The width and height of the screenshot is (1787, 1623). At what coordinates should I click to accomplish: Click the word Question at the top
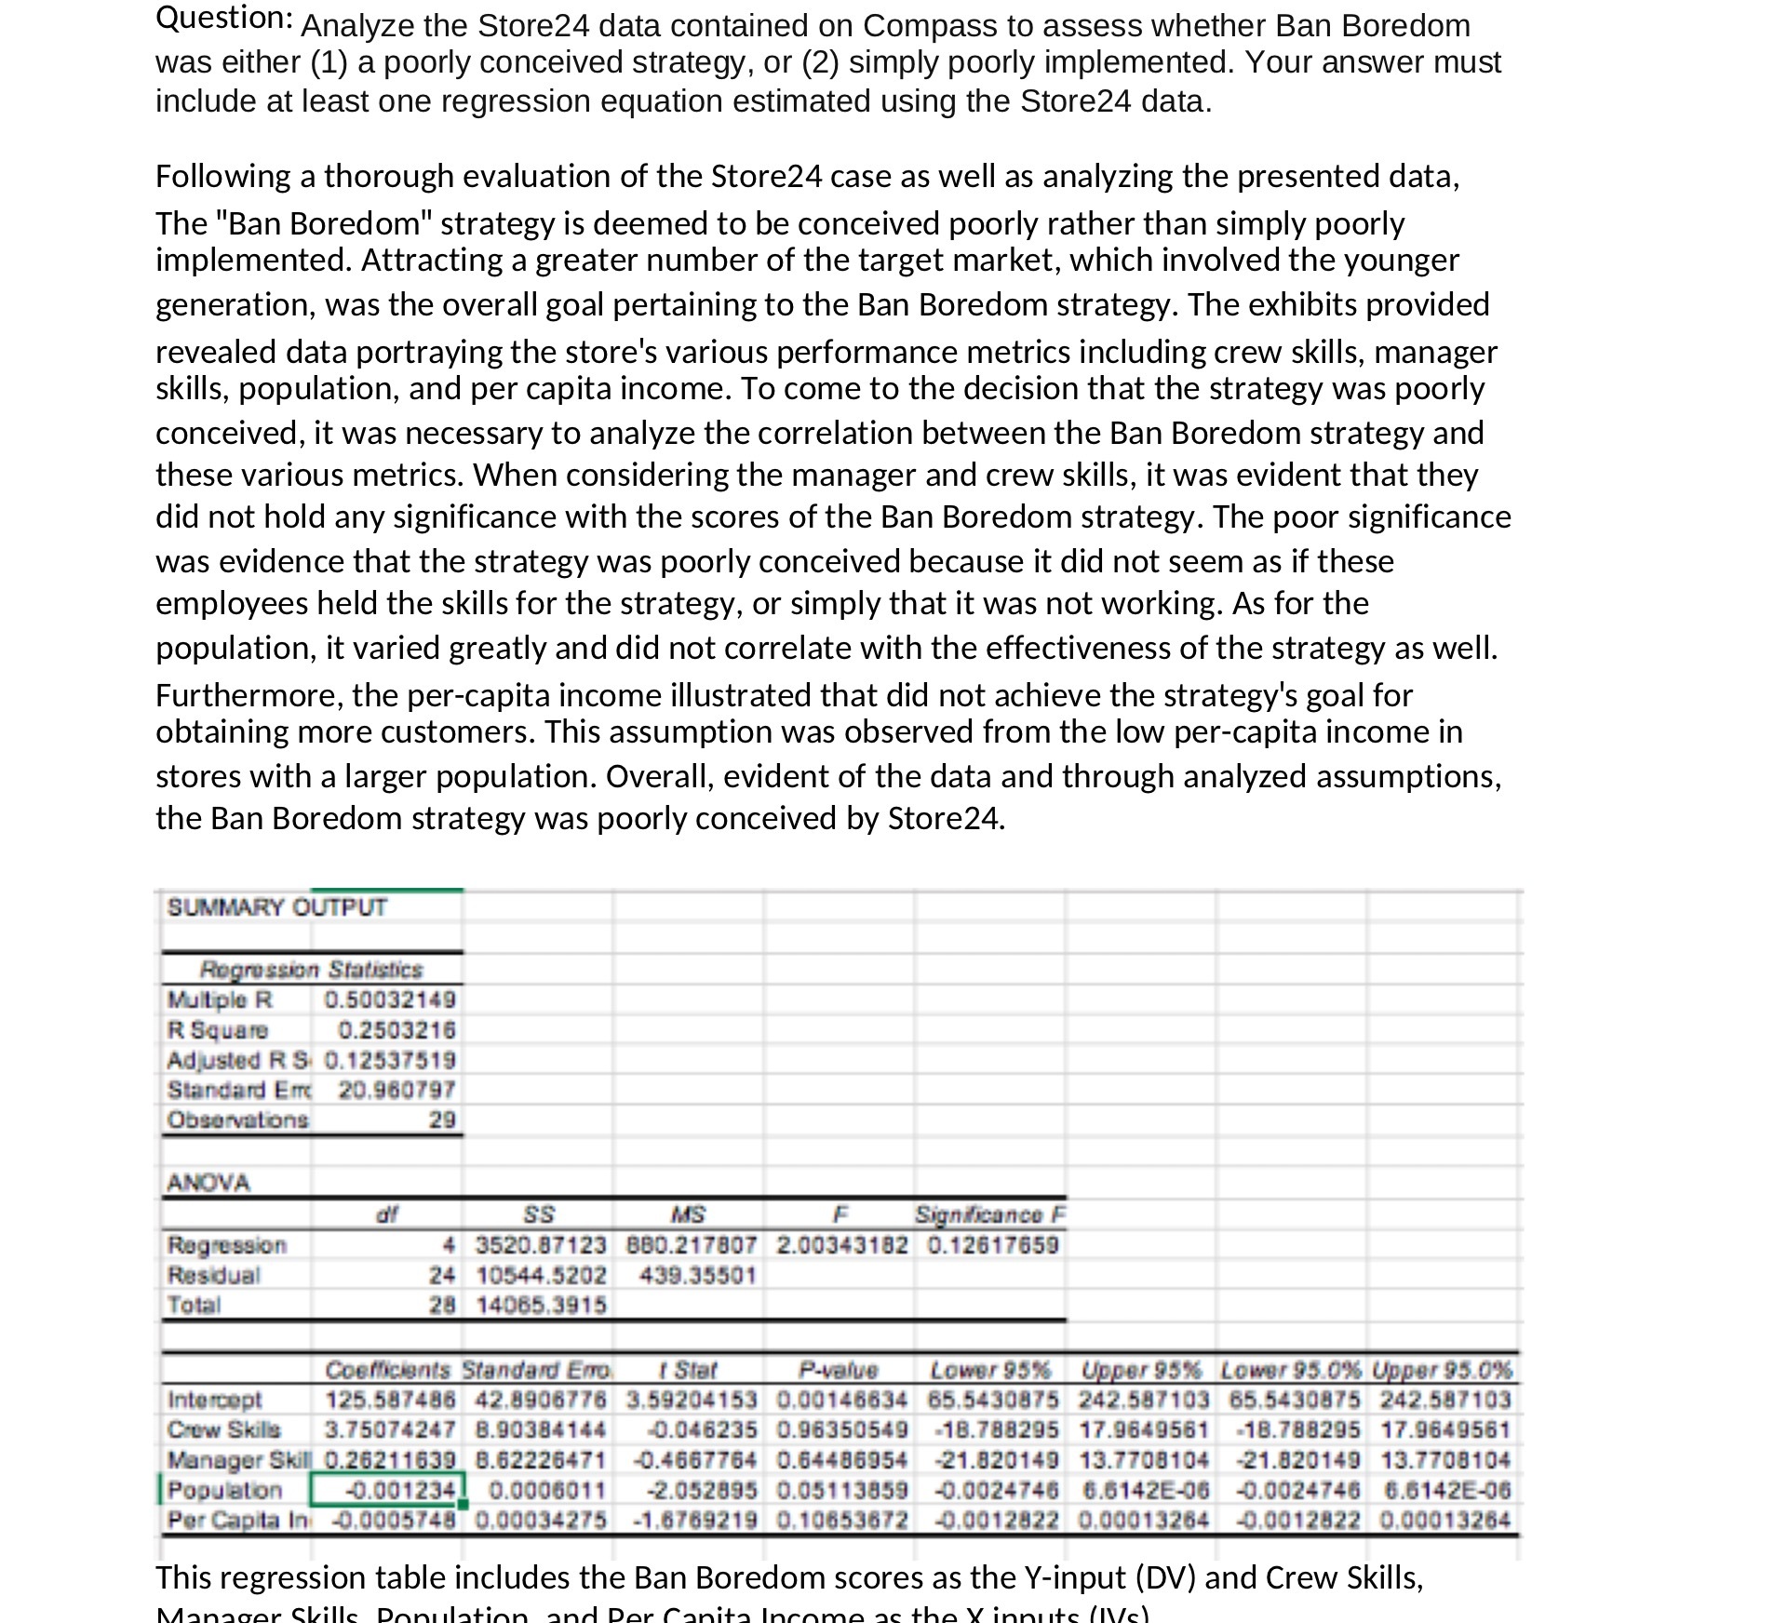(x=223, y=18)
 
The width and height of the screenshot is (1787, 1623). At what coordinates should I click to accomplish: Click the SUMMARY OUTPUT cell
(x=276, y=907)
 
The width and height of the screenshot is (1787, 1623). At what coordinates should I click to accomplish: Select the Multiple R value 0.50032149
(x=389, y=999)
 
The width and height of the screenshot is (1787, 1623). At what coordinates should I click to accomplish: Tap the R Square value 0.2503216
(x=396, y=1029)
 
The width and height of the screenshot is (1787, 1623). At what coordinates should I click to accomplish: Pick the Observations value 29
(x=441, y=1120)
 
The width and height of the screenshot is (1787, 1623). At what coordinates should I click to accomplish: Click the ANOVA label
(x=208, y=1183)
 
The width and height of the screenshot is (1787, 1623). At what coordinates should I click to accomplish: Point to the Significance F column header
(x=989, y=1214)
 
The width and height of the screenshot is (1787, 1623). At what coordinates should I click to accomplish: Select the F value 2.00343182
(x=840, y=1245)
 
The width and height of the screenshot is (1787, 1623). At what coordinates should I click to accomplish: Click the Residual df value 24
(x=441, y=1275)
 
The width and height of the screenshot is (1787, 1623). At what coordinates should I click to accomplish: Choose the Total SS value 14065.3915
(x=541, y=1305)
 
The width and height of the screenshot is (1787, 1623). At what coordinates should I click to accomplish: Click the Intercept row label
(x=214, y=1400)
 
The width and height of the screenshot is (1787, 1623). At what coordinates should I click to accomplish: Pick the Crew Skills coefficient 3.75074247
(x=389, y=1429)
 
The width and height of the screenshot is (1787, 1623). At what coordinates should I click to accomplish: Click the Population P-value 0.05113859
(x=840, y=1490)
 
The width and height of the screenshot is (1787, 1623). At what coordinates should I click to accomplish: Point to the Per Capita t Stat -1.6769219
(x=694, y=1520)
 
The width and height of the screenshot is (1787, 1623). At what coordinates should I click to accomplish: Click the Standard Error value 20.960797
(x=396, y=1089)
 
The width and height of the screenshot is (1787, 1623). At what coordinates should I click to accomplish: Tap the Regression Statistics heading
(x=311, y=970)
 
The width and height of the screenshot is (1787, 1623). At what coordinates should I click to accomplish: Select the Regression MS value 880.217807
(x=690, y=1245)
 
